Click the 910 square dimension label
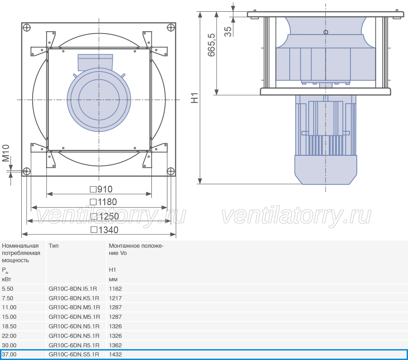pos(101,189)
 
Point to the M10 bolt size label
pos(6,153)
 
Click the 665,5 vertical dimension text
pos(211,45)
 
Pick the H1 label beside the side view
pos(194,98)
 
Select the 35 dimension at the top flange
pos(228,31)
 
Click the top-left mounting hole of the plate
pos(27,27)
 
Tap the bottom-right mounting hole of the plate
pos(170,171)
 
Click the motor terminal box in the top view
pos(96,62)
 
